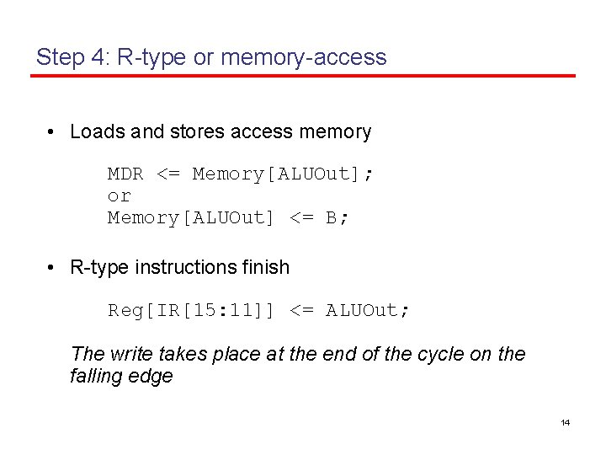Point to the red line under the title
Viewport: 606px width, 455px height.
[303, 76]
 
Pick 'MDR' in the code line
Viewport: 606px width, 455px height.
[125, 174]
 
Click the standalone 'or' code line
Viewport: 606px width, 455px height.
[119, 196]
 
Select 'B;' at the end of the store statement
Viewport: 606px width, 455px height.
[338, 218]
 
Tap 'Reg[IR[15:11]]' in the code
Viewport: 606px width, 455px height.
[191, 310]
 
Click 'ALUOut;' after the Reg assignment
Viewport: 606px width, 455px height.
[369, 310]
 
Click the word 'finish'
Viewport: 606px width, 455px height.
[266, 267]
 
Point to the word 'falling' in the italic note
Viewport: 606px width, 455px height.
[96, 376]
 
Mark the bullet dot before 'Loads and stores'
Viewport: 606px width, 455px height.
[51, 132]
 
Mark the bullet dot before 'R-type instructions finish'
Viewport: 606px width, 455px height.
[51, 268]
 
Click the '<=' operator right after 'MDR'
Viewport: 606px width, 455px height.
[168, 174]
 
